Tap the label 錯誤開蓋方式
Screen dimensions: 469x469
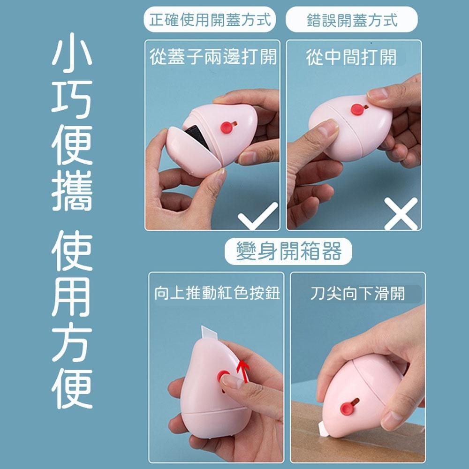click(x=351, y=20)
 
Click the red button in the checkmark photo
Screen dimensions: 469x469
click(x=227, y=126)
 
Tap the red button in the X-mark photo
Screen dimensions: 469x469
click(x=357, y=110)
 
